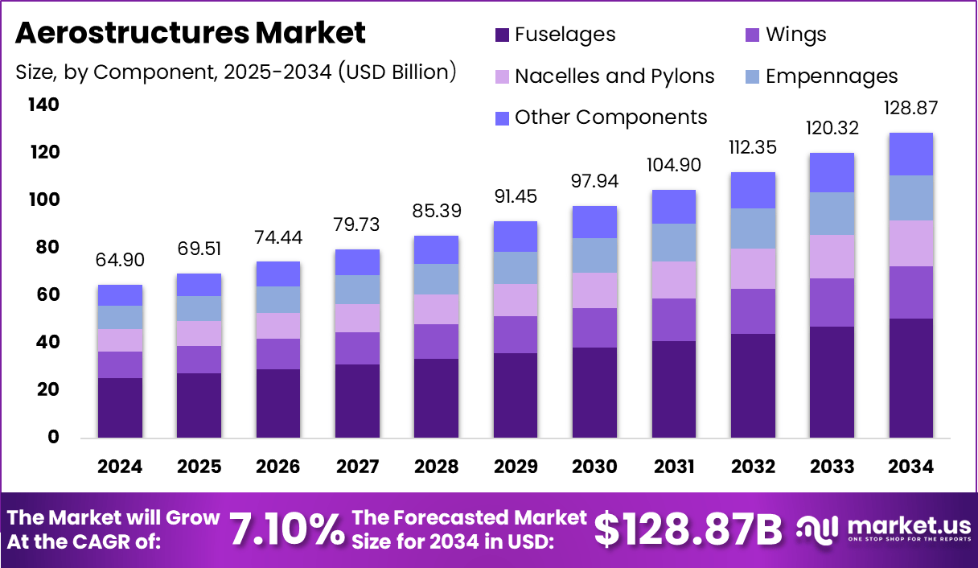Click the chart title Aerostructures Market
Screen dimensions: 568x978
(x=191, y=33)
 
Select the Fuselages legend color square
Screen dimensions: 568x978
(x=503, y=35)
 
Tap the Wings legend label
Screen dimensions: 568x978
(x=795, y=35)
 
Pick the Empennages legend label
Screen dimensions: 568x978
(x=832, y=76)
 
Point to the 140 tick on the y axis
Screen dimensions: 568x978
(x=43, y=105)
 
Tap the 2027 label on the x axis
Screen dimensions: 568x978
(x=357, y=467)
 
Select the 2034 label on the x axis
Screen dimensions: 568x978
(x=911, y=467)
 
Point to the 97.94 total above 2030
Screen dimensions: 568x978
(x=595, y=181)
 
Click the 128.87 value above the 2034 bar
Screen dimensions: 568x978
(x=911, y=108)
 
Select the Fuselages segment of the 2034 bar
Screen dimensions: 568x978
(x=911, y=378)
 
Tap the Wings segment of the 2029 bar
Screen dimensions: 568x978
(x=516, y=335)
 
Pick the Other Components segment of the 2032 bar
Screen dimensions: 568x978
(x=753, y=190)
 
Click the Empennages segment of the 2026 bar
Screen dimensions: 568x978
(x=278, y=299)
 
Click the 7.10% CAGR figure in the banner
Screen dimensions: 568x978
(x=287, y=529)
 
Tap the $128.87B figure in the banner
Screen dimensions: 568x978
(x=688, y=529)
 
